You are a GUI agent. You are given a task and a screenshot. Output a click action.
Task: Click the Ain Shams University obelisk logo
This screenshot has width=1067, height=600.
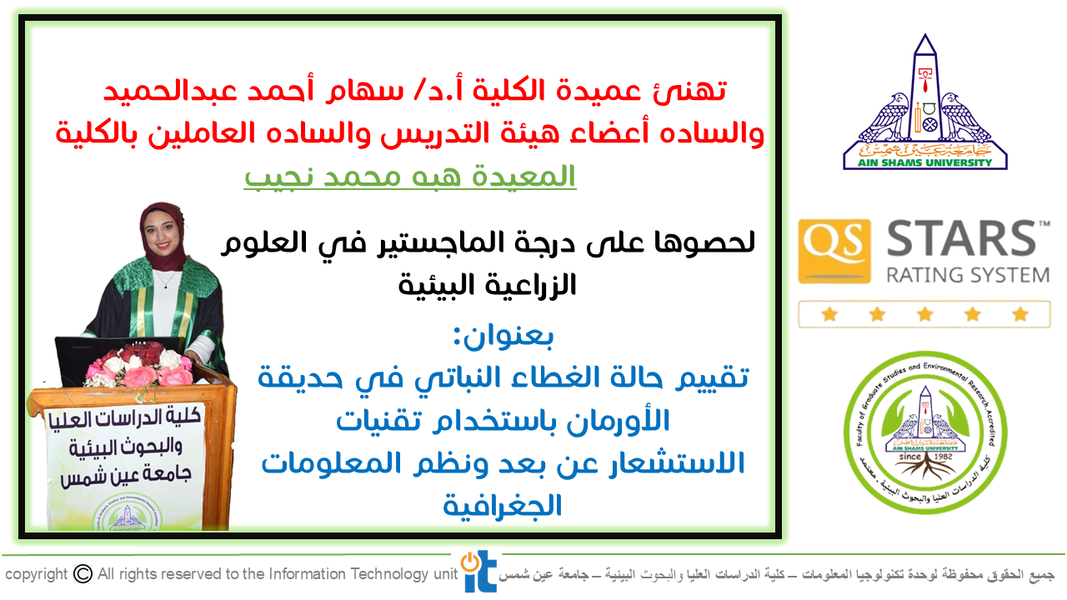925,102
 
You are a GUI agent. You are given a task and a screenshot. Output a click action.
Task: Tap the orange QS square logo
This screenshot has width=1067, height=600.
834,251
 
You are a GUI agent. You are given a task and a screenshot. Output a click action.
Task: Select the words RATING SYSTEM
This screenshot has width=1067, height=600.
968,275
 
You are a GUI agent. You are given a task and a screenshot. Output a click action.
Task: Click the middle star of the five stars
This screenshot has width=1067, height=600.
924,314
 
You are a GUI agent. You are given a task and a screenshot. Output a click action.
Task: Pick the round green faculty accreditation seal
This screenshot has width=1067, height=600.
925,432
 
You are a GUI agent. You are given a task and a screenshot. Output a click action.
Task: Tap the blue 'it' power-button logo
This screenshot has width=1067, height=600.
478,572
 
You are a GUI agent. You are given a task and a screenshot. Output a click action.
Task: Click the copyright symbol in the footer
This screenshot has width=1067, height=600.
83,574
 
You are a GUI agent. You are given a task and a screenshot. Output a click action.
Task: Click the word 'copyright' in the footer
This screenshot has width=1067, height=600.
36,574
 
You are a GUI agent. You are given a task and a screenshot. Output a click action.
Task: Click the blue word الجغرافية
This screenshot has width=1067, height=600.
503,506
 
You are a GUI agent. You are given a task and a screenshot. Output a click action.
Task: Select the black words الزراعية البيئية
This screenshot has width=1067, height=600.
487,285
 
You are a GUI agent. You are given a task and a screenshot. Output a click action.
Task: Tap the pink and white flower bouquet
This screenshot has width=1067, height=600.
139,367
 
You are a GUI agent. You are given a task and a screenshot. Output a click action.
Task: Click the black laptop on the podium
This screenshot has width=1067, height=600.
119,359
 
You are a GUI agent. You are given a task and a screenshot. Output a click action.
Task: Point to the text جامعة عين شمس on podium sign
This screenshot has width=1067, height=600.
126,475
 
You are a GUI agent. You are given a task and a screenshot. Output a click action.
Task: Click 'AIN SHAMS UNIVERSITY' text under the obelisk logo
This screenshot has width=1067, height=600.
924,162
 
